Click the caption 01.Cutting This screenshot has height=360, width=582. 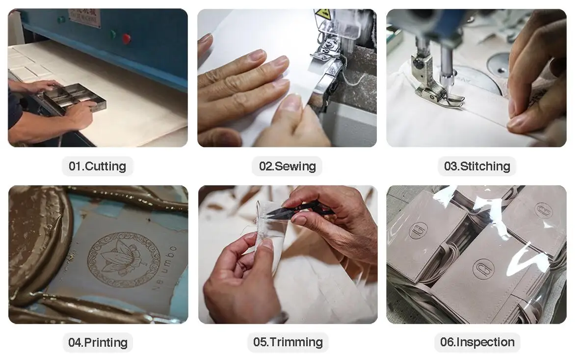97,166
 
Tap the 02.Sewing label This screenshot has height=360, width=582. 287,166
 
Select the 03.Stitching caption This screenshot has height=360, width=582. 477,166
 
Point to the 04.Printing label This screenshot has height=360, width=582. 98,342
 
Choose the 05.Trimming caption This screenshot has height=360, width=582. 288,342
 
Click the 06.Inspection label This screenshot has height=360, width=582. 477,342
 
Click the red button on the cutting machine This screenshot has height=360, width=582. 126,38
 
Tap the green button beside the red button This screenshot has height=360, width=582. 113,35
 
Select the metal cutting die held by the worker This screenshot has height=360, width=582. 75,97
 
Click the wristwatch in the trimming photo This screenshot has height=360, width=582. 277,318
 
